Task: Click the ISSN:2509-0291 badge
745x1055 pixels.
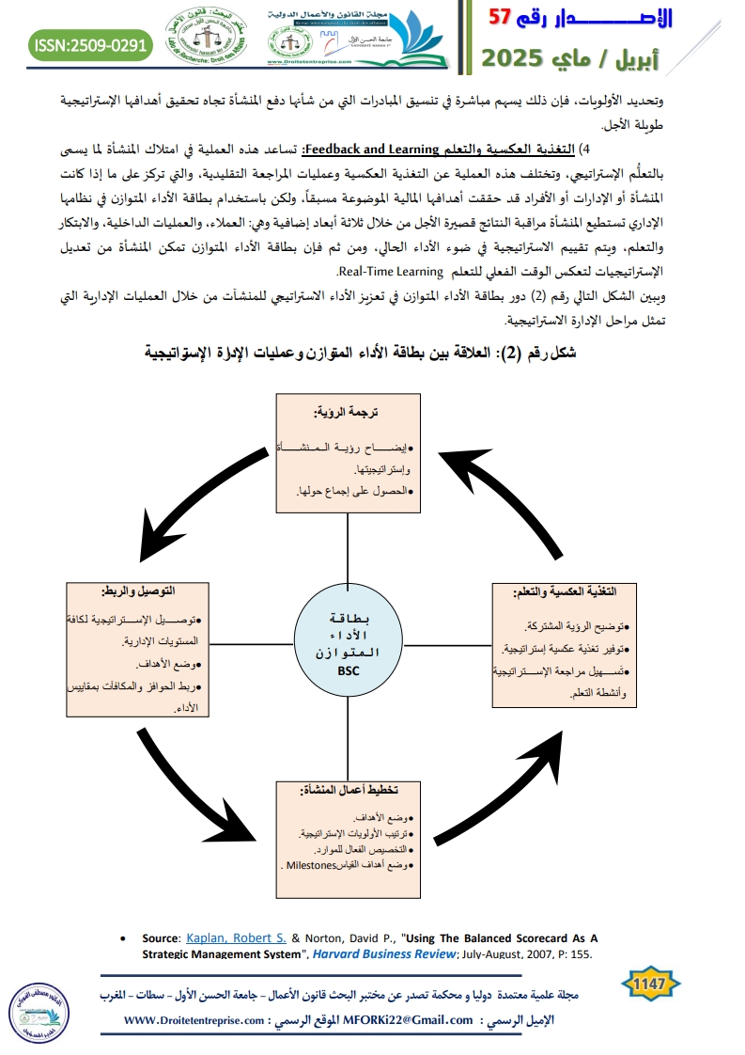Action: pyautogui.click(x=90, y=44)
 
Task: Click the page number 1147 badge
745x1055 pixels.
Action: pyautogui.click(x=650, y=984)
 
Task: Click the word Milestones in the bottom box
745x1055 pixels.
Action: pyautogui.click(x=312, y=865)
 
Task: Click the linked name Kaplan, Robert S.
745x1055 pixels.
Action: pyautogui.click(x=226, y=937)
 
